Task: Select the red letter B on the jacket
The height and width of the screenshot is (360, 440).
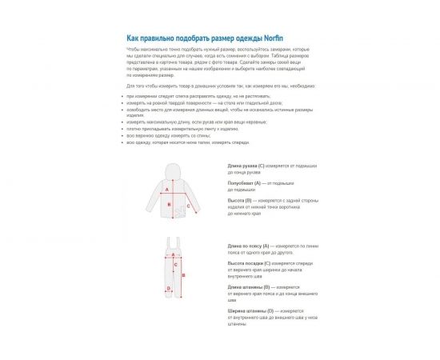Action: tap(170, 205)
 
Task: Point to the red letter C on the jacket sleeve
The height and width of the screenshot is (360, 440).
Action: tap(188, 206)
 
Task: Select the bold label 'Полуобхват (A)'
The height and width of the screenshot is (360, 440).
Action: tap(245, 182)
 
